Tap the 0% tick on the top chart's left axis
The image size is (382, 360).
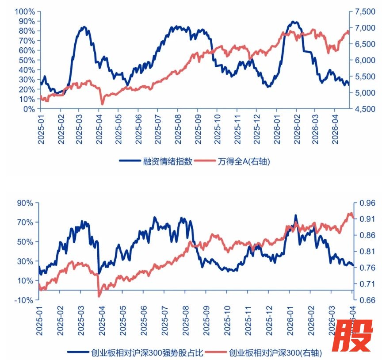(x=29, y=109)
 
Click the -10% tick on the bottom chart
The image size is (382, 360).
(x=25, y=300)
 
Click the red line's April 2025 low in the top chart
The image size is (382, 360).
(x=103, y=104)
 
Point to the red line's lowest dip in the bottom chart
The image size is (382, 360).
(x=99, y=295)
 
